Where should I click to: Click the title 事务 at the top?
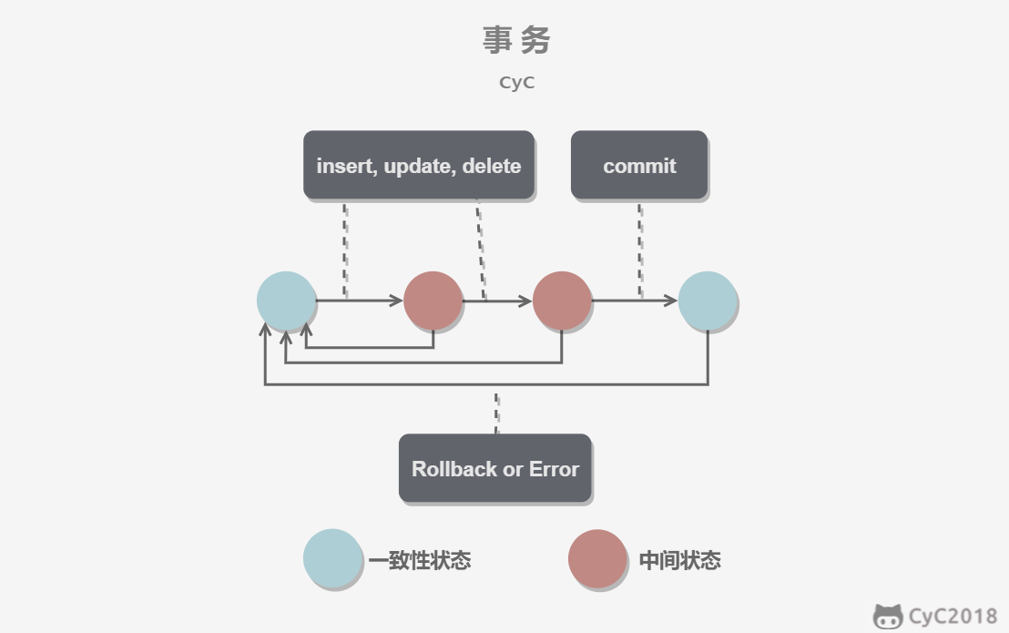point(516,40)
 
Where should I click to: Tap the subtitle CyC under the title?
point(516,82)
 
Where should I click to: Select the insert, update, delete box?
point(419,166)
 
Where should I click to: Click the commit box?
point(639,166)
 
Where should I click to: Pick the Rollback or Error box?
point(495,469)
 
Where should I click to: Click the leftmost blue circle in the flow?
point(286,301)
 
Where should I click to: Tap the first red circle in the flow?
point(433,301)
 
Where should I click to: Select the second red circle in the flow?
point(562,301)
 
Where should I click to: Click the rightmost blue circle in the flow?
point(708,301)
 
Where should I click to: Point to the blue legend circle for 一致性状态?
point(332,558)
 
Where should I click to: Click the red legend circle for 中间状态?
point(597,558)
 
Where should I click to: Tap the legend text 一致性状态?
point(420,560)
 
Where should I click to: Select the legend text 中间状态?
point(679,560)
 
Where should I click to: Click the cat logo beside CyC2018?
point(888,617)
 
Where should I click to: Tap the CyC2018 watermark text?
point(953,617)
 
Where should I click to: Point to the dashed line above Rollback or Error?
point(496,413)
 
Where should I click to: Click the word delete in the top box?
point(492,166)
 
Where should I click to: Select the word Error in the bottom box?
point(554,469)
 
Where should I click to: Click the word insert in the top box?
point(345,166)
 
